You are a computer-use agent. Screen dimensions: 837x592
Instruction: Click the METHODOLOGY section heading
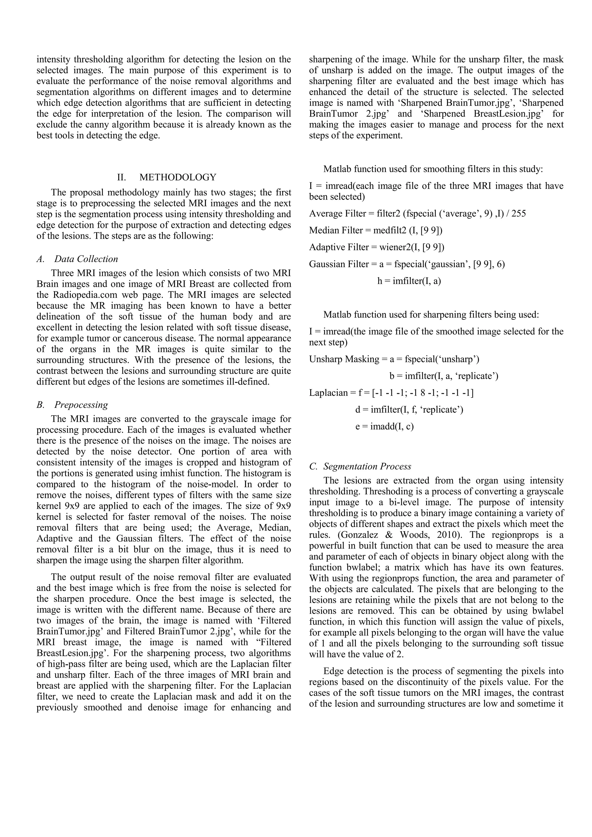(177, 177)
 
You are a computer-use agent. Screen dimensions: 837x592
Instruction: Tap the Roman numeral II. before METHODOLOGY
(121, 177)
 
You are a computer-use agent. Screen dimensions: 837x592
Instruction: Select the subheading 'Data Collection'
(86, 259)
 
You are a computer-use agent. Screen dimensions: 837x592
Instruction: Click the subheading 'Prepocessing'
(81, 405)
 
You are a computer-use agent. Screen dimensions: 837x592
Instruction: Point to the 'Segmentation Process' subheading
(367, 466)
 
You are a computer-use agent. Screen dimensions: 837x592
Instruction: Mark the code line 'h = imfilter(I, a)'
(409, 281)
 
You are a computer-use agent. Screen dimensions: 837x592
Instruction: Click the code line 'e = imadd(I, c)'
(384, 426)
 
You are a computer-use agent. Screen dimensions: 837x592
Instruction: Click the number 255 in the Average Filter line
(519, 214)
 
